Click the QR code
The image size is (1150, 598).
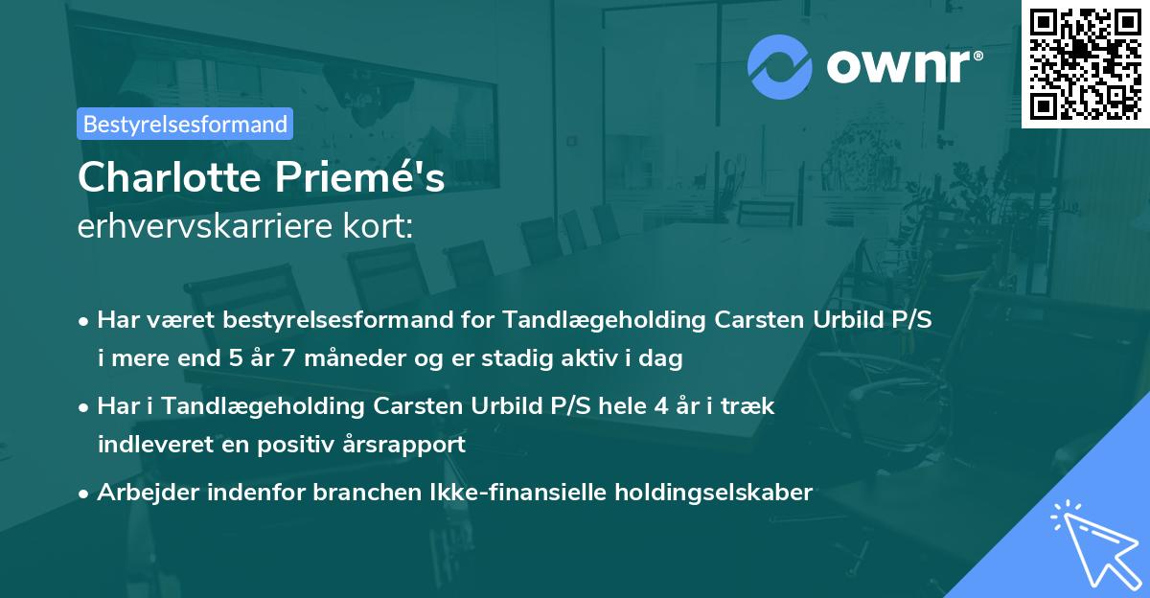pyautogui.click(x=1086, y=63)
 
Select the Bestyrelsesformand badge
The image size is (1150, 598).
pyautogui.click(x=185, y=124)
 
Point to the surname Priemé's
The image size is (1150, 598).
pyautogui.click(x=376, y=178)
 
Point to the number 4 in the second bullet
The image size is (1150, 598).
pyautogui.click(x=661, y=406)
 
